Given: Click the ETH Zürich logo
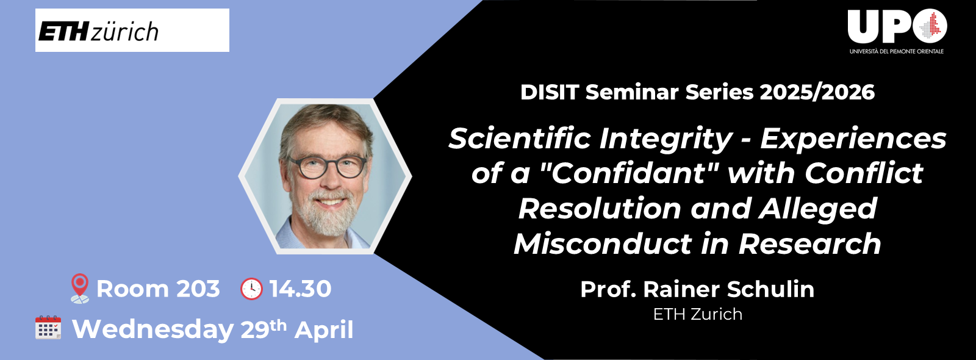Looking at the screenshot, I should click(x=99, y=31).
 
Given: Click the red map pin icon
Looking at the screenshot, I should click(x=79, y=288).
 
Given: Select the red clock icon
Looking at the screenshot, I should click(x=251, y=289).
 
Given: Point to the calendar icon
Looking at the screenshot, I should click(x=48, y=328).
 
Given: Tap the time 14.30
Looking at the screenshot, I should click(x=300, y=289).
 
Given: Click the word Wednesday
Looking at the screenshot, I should click(x=152, y=329).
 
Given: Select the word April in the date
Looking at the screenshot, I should click(x=324, y=329).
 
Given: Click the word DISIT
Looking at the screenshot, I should click(x=550, y=92).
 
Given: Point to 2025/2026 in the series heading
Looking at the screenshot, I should click(x=817, y=92).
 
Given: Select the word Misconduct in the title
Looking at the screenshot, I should click(x=603, y=244).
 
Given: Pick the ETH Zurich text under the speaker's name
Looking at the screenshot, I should click(x=697, y=314).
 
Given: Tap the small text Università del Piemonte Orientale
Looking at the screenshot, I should click(x=896, y=51).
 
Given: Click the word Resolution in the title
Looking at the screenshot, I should click(x=599, y=209).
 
